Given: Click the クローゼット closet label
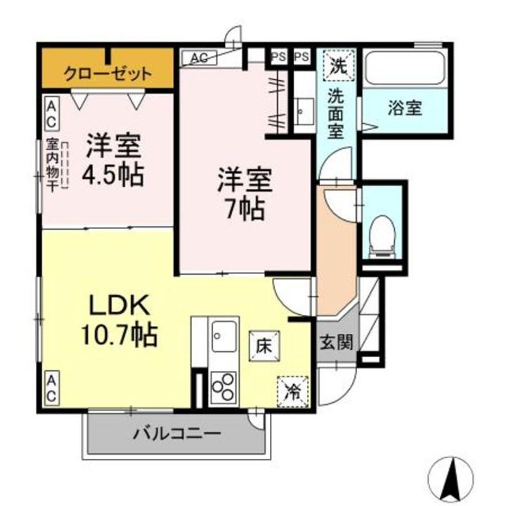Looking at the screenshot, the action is tap(108, 74).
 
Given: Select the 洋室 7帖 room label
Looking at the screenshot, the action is tap(245, 194).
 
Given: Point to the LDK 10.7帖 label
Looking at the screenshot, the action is tap(119, 320).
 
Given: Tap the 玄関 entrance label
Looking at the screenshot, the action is tap(336, 342).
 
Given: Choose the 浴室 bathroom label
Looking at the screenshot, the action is tap(405, 108).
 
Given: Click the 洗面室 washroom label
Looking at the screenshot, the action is tap(336, 114).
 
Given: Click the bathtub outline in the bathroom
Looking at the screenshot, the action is tap(406, 69).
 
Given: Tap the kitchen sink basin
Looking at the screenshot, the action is tap(224, 337).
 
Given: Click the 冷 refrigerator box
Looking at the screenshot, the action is tap(292, 391).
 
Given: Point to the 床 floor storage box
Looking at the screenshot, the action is tap(264, 346).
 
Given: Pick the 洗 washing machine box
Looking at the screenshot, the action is tap(339, 65).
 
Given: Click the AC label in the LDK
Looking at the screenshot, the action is tap(51, 388).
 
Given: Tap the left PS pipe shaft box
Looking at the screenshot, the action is tap(278, 57).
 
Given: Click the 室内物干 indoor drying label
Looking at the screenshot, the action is tap(52, 165).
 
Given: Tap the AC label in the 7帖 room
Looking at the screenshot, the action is tap(199, 58).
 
